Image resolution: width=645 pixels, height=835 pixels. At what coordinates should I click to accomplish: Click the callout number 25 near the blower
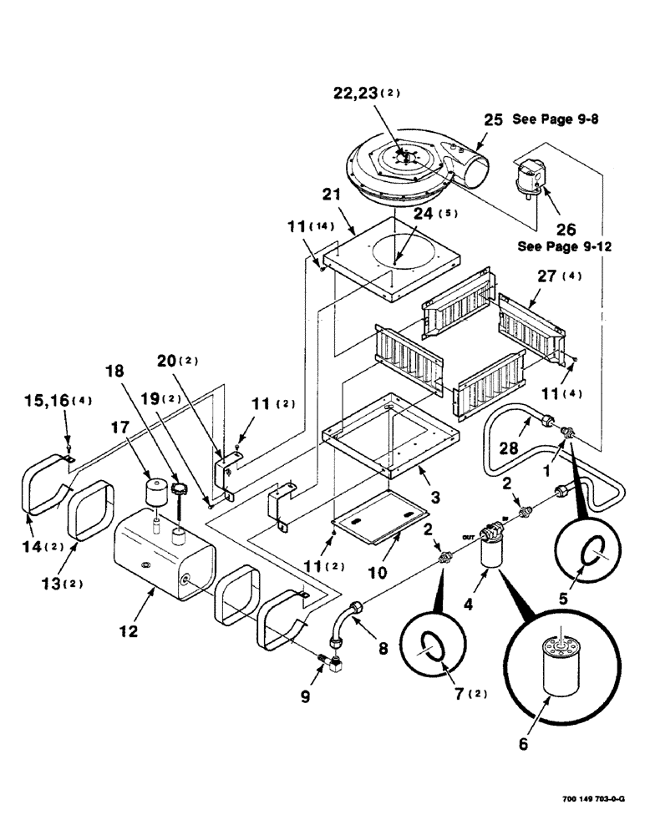[494, 119]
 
